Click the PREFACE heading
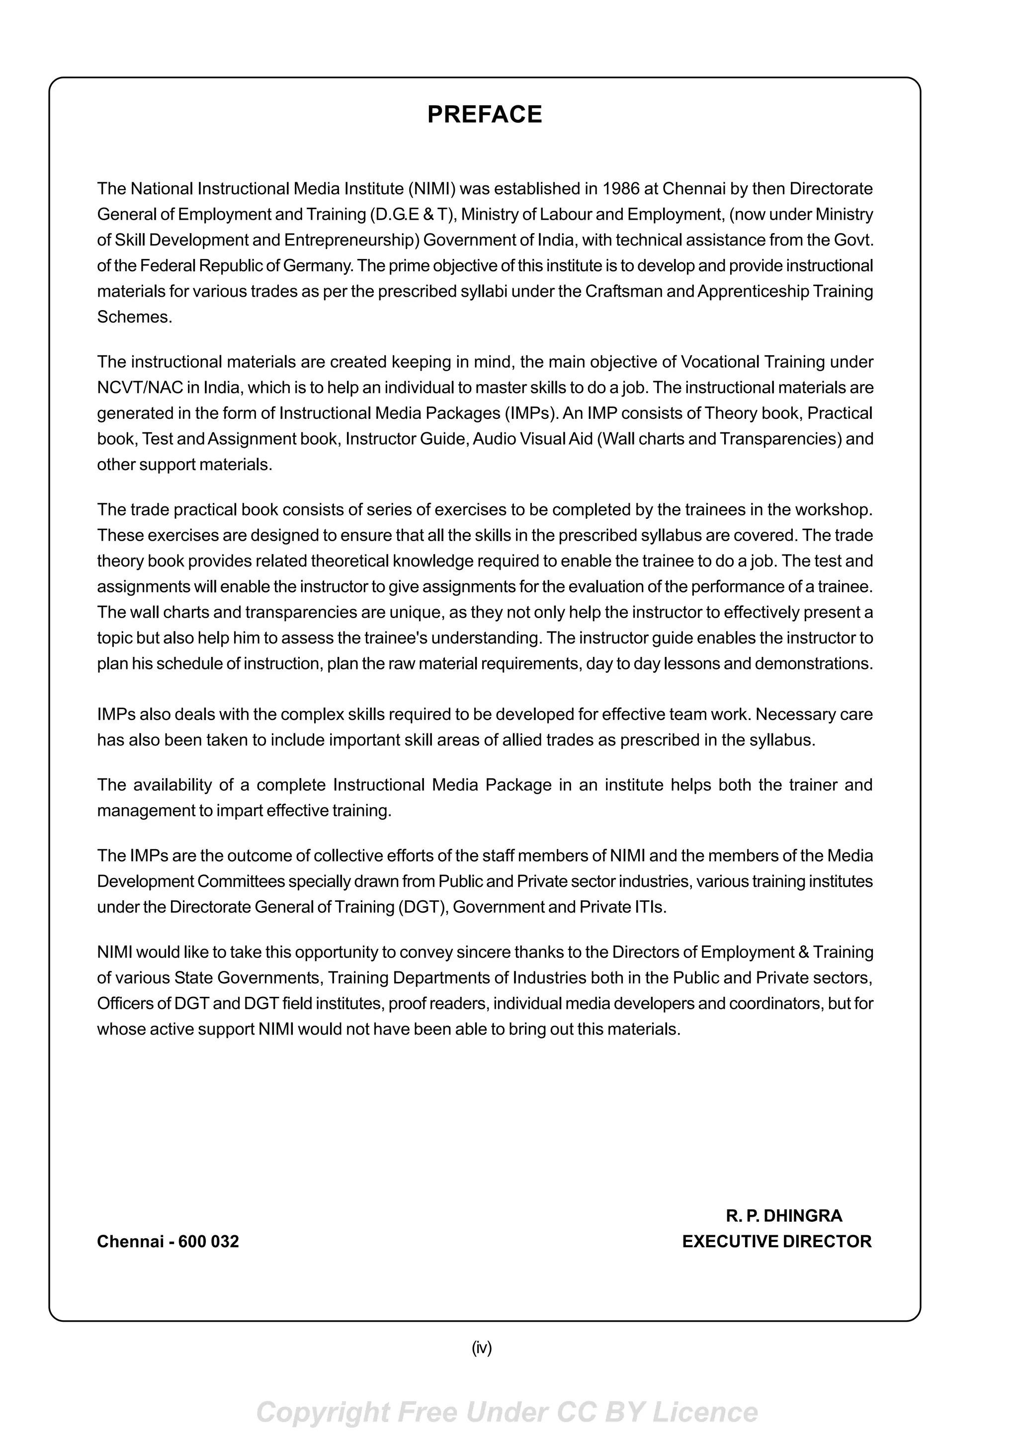pyautogui.click(x=484, y=115)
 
